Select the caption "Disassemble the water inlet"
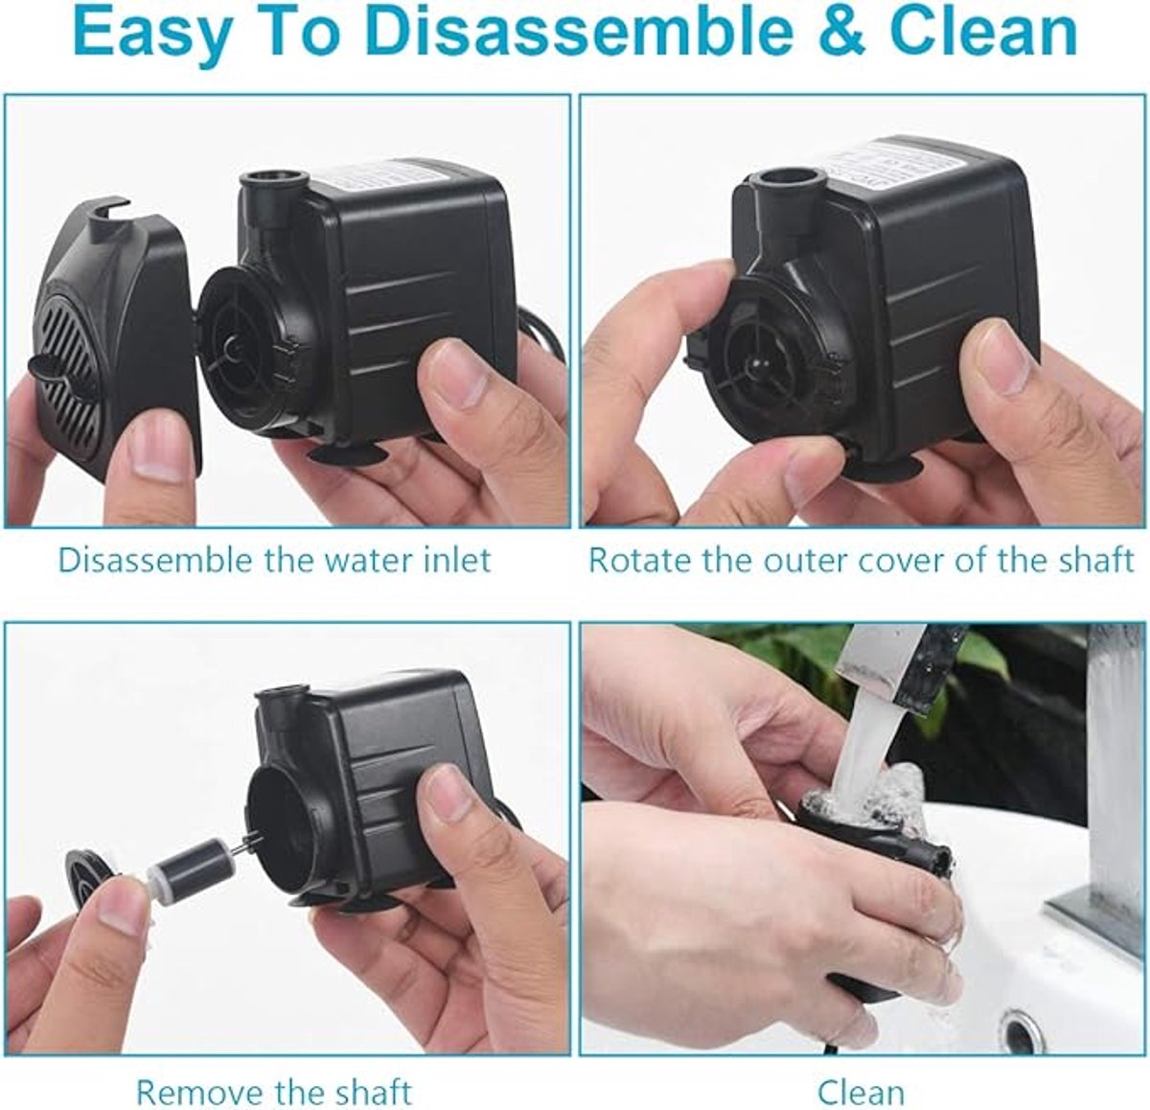coord(275,560)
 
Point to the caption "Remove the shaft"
coord(274,1075)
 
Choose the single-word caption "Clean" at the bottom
coord(861,1075)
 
